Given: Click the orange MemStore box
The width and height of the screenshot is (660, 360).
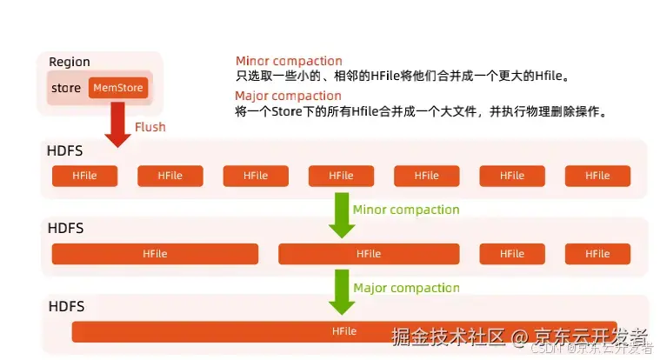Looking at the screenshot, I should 118,88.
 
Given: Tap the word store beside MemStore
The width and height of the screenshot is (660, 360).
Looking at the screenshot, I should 66,88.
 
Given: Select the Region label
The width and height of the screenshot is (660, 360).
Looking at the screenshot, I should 70,62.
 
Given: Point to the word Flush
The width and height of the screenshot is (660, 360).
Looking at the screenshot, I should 150,127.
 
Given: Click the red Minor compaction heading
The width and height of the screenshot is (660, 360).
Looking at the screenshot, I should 289,61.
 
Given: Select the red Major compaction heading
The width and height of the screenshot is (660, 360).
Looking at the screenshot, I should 288,96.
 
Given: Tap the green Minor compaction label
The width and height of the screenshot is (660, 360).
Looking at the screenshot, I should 406,210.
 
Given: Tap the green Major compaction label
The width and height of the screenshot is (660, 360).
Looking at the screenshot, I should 406,288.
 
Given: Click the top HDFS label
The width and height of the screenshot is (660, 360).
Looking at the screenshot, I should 65,151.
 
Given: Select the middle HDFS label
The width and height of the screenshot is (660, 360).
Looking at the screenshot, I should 65,229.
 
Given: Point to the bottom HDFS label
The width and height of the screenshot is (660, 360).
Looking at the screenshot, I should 65,306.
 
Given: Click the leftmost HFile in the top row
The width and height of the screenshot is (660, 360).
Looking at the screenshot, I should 84,176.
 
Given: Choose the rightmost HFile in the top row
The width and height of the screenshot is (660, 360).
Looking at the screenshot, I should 597,176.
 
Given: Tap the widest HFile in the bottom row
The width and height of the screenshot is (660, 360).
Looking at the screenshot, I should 344,331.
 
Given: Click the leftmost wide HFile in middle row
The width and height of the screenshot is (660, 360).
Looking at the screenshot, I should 155,254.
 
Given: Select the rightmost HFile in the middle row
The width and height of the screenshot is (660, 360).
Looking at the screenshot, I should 597,254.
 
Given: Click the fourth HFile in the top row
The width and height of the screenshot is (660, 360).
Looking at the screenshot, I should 341,176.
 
